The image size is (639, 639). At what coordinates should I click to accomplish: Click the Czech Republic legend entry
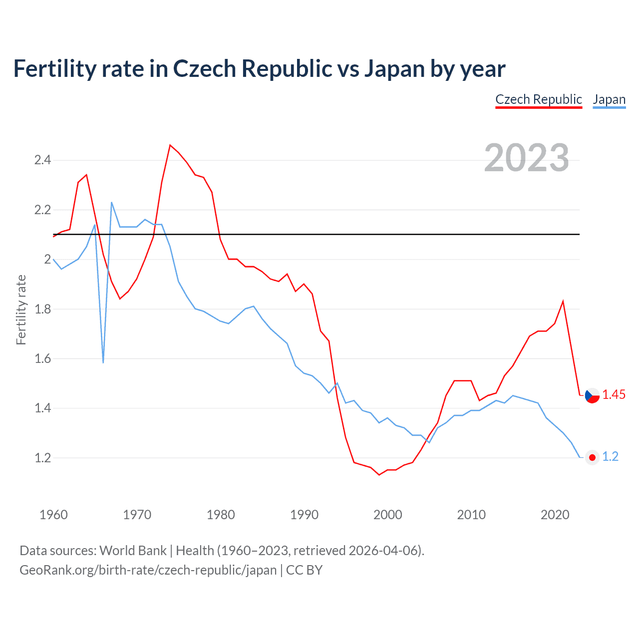(x=538, y=99)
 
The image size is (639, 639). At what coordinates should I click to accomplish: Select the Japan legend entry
(x=609, y=99)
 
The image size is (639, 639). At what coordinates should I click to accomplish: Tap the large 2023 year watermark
(x=527, y=158)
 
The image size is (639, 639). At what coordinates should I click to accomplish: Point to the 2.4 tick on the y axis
(x=42, y=160)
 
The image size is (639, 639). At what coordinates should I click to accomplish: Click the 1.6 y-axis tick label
(x=42, y=358)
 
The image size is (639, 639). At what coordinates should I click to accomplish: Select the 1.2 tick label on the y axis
(x=42, y=458)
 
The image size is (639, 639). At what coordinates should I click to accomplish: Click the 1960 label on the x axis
(x=53, y=515)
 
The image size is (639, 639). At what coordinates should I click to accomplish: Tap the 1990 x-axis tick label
(x=304, y=515)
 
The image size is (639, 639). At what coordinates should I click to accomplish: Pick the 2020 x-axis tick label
(x=555, y=515)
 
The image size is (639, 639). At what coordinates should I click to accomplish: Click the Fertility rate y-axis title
(x=21, y=310)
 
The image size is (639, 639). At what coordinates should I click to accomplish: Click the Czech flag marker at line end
(x=592, y=395)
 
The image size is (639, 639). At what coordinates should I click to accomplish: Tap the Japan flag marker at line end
(x=592, y=457)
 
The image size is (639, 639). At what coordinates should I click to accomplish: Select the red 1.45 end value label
(x=614, y=395)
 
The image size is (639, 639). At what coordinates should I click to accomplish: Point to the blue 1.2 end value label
(x=610, y=457)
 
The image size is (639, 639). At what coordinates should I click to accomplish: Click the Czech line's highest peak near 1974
(x=170, y=145)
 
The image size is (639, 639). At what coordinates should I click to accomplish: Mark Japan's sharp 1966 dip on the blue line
(x=103, y=362)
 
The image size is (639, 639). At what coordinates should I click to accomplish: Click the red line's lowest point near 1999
(x=379, y=474)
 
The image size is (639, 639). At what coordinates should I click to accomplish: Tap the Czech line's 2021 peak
(x=563, y=302)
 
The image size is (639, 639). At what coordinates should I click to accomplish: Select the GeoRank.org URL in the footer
(x=148, y=570)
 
